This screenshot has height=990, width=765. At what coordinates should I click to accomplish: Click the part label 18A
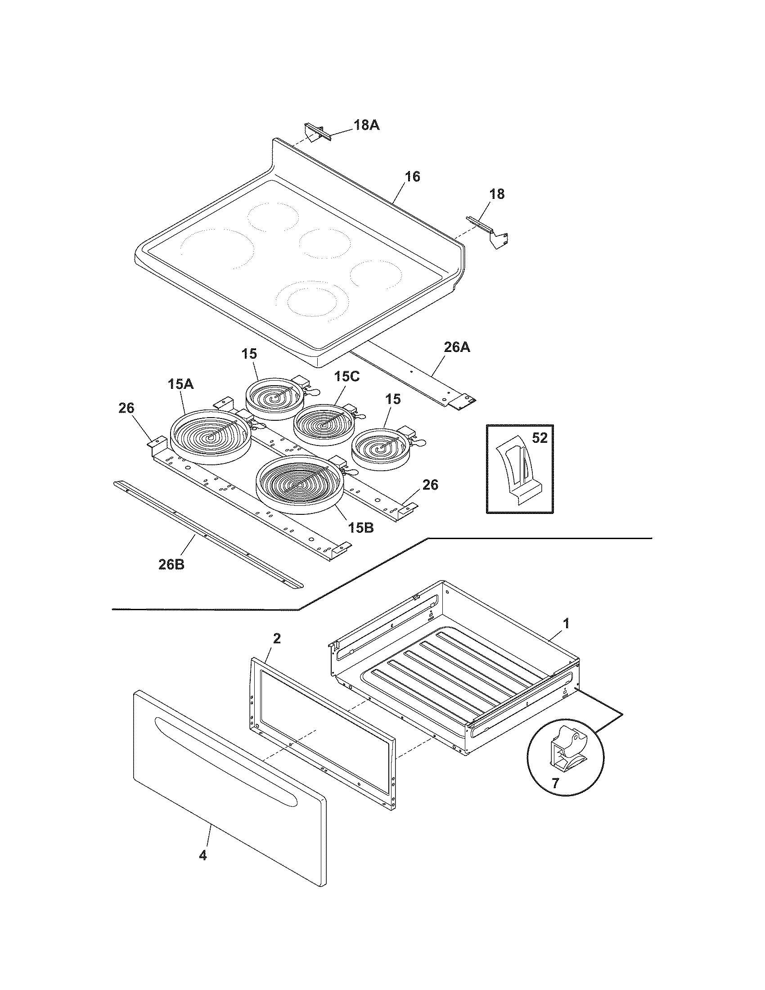click(366, 125)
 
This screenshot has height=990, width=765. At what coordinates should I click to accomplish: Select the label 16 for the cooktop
click(412, 176)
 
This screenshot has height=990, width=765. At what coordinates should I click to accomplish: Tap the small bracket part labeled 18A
click(318, 133)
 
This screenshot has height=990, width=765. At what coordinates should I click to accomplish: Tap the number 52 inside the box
click(539, 438)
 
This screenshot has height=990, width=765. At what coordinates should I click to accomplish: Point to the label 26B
click(171, 565)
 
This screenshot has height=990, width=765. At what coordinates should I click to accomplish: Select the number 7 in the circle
click(555, 783)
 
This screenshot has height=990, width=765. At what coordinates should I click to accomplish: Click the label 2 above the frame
click(276, 639)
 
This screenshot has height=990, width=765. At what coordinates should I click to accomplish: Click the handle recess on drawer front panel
click(227, 761)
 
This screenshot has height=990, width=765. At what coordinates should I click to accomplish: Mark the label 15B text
click(361, 527)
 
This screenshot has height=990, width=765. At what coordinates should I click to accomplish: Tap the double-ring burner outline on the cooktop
click(313, 300)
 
